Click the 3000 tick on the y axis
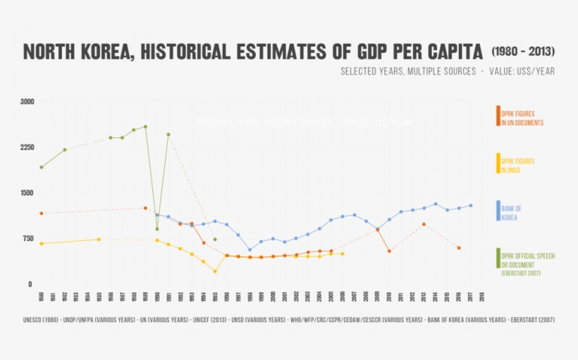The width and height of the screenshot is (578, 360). pos(27,101)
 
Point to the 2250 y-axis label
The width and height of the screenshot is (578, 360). pos(27,147)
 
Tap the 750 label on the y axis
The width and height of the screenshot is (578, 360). pos(28,239)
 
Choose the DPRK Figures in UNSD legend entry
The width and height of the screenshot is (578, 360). pos(517,165)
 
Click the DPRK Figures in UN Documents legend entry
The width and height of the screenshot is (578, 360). pos(522,118)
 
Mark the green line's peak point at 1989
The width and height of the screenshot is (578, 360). pos(145,127)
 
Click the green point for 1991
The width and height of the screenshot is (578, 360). pos(168,135)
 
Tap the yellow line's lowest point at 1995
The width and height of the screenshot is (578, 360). pos(215,271)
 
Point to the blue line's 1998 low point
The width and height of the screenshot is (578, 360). pos(250,250)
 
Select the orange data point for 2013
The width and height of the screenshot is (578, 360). pos(424,224)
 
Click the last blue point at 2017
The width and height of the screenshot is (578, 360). pos(470,206)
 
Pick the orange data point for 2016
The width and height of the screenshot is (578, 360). pos(459,248)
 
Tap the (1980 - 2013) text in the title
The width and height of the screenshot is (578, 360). pos(522,52)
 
